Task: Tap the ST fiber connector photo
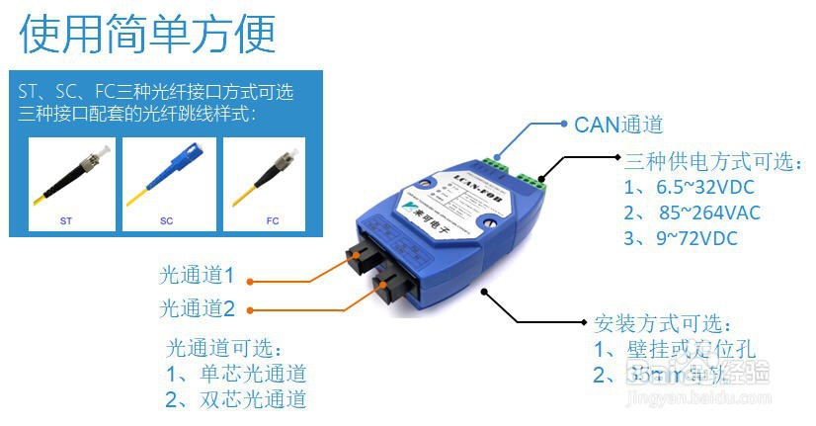[x=72, y=184]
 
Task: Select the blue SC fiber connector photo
[x=169, y=184]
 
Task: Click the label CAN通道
[x=617, y=125]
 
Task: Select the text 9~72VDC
[x=680, y=238]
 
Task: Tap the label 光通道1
[x=198, y=275]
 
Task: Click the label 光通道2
[x=198, y=308]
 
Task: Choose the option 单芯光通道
[x=237, y=374]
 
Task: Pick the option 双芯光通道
[x=237, y=399]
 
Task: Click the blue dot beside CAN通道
[x=561, y=125]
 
